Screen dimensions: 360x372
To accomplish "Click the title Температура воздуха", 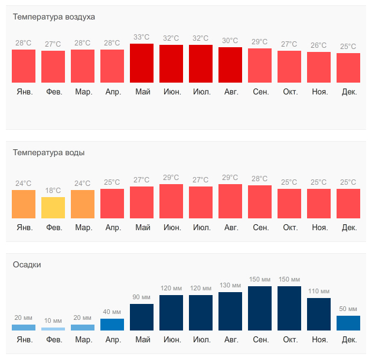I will [x=54, y=17].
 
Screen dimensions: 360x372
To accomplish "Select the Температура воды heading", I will [x=48, y=153].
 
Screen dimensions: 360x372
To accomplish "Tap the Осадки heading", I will [x=27, y=265].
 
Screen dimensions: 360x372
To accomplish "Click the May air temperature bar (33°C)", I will [x=142, y=63].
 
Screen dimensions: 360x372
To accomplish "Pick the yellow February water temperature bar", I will [x=53, y=208].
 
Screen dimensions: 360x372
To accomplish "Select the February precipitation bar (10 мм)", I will [x=53, y=329].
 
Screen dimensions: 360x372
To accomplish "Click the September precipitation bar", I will [x=260, y=308].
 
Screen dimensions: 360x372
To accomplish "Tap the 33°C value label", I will [x=142, y=37].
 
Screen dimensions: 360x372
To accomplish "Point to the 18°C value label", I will [x=53, y=191].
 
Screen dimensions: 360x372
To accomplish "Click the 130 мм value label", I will [x=230, y=286].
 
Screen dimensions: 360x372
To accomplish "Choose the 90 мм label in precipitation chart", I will [x=142, y=297].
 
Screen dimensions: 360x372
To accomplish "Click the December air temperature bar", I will [x=348, y=68].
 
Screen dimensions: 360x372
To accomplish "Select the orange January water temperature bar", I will [x=24, y=204].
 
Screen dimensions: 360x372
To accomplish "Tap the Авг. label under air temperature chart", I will [x=230, y=92].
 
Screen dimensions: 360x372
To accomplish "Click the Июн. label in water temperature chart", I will [x=171, y=228].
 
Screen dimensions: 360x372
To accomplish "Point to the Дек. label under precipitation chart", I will [x=348, y=340].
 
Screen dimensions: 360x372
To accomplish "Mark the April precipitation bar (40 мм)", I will [x=112, y=325].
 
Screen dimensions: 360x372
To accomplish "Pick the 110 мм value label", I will [x=319, y=292].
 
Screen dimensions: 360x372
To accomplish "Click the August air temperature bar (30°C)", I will [x=230, y=65].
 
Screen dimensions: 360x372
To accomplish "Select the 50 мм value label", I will [x=348, y=309].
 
